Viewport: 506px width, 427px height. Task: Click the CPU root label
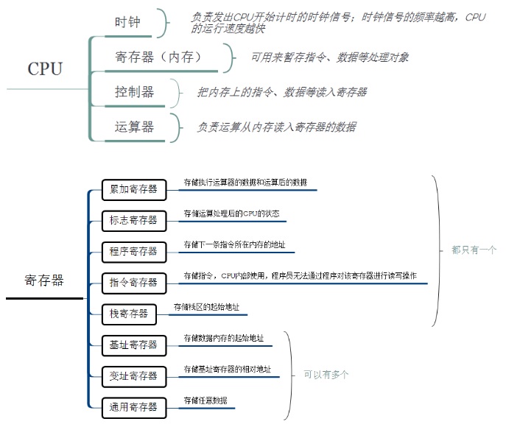(45, 68)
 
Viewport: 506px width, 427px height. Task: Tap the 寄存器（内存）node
(158, 57)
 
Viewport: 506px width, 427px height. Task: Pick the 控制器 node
(134, 92)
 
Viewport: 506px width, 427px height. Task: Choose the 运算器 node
(134, 127)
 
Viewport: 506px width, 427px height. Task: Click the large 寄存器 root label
(44, 280)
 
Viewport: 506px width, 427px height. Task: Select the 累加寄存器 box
(133, 189)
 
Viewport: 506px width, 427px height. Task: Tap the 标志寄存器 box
(133, 220)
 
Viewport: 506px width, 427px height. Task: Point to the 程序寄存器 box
(133, 251)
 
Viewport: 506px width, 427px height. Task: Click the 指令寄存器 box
(133, 282)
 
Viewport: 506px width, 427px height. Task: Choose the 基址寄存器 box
(133, 345)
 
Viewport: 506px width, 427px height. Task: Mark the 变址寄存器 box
(133, 375)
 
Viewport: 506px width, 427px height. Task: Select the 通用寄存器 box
(133, 406)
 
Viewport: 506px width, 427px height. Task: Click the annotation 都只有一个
(474, 250)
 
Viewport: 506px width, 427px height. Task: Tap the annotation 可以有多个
(326, 375)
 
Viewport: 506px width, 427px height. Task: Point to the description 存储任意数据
(205, 400)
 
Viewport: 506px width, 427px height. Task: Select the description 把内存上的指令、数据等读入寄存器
(281, 93)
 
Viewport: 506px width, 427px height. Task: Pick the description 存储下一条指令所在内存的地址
(234, 245)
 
